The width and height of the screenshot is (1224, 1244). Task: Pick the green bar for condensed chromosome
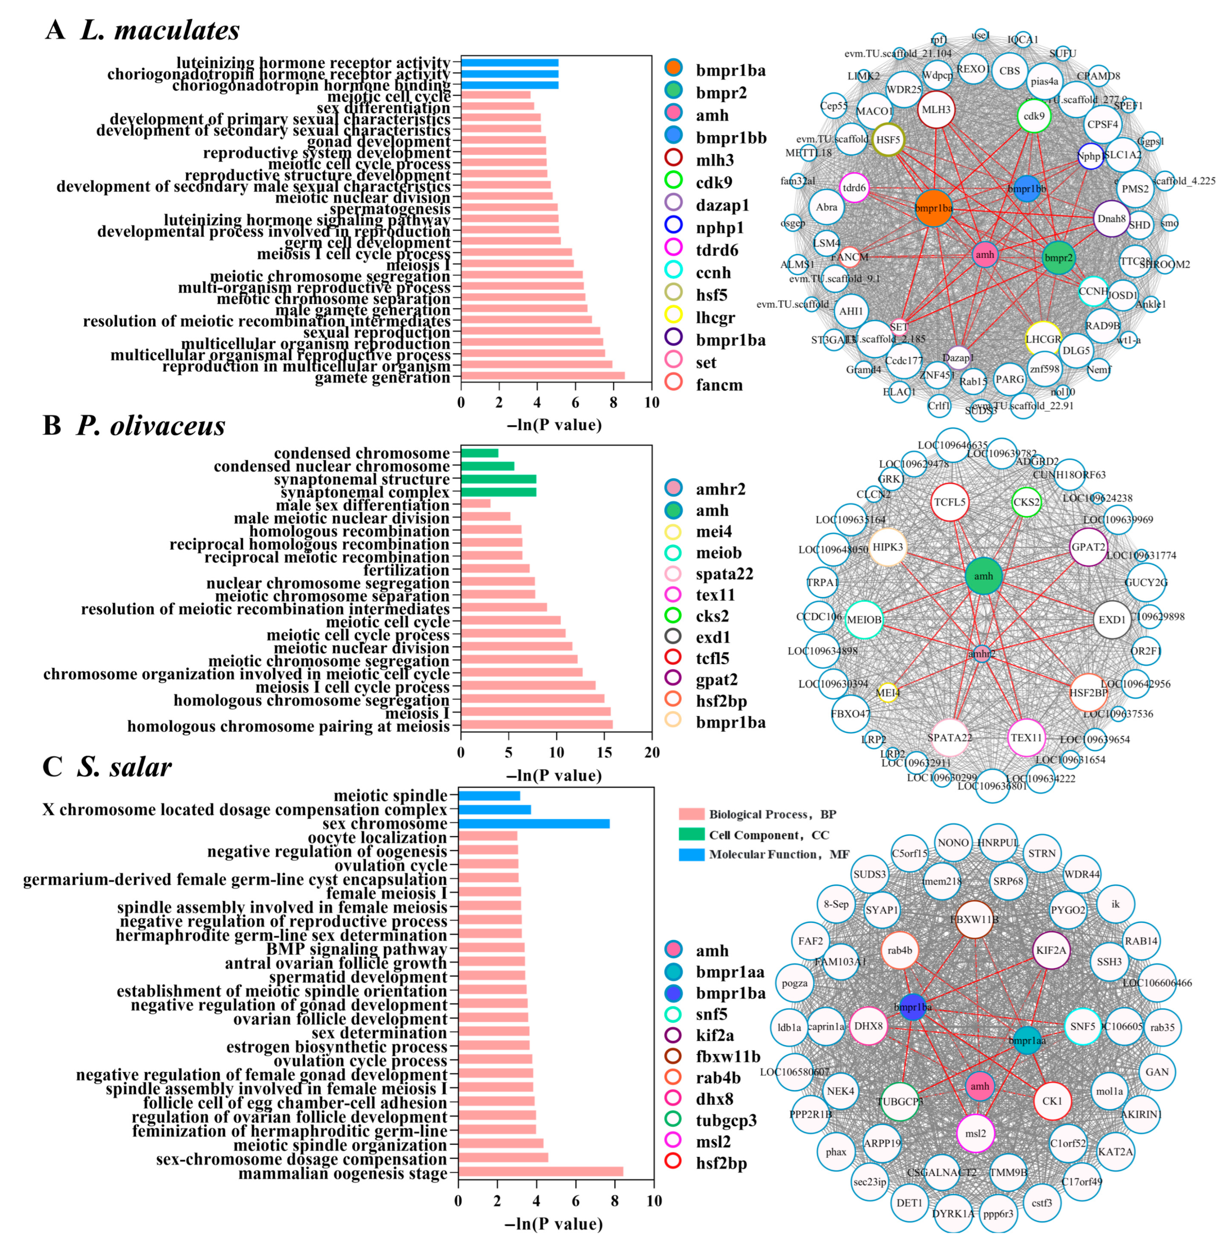point(479,453)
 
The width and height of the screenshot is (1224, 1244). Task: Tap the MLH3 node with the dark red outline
point(936,110)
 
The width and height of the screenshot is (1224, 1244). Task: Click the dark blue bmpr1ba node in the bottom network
point(912,1007)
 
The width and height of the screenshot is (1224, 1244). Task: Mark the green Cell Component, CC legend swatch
point(692,834)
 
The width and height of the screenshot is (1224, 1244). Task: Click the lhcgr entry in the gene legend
point(715,317)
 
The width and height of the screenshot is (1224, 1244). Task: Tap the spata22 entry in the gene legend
point(724,574)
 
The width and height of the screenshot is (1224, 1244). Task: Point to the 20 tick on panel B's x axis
point(652,753)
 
